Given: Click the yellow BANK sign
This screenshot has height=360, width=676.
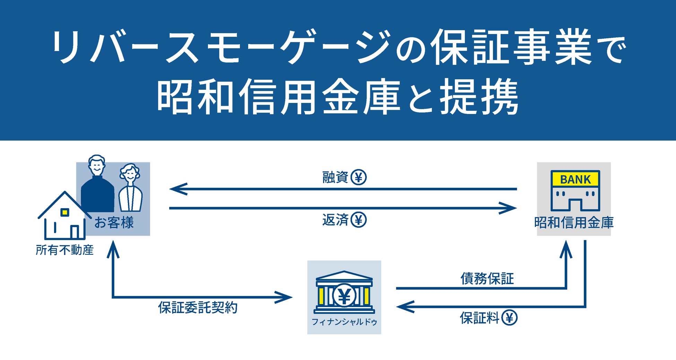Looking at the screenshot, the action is [x=575, y=179].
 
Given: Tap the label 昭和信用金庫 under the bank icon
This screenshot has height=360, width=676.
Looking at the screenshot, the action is [x=574, y=223].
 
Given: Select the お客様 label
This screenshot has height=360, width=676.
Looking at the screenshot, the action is [x=114, y=223].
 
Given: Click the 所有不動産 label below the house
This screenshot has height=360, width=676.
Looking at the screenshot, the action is [x=65, y=250].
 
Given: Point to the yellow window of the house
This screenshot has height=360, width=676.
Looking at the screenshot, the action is [x=64, y=212].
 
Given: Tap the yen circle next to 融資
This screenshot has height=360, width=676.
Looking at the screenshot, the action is [x=358, y=177].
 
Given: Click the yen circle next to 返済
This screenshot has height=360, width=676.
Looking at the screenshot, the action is [x=358, y=220].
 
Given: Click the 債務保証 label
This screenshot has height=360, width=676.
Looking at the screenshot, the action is [x=487, y=278].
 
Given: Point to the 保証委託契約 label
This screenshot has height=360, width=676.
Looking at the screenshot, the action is [x=198, y=308].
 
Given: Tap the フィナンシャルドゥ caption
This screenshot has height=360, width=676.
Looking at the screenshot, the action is [x=344, y=322].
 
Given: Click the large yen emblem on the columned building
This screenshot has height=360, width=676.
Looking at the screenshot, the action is [x=344, y=296].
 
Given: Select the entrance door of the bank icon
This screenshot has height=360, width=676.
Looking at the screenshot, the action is [x=575, y=205].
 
